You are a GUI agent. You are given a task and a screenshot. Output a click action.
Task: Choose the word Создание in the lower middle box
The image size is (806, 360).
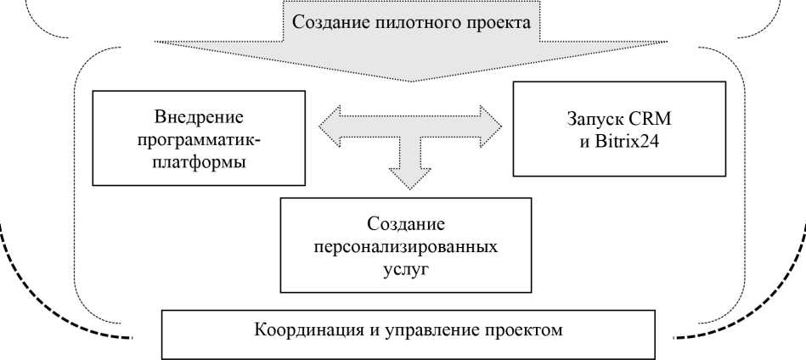(407, 226)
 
